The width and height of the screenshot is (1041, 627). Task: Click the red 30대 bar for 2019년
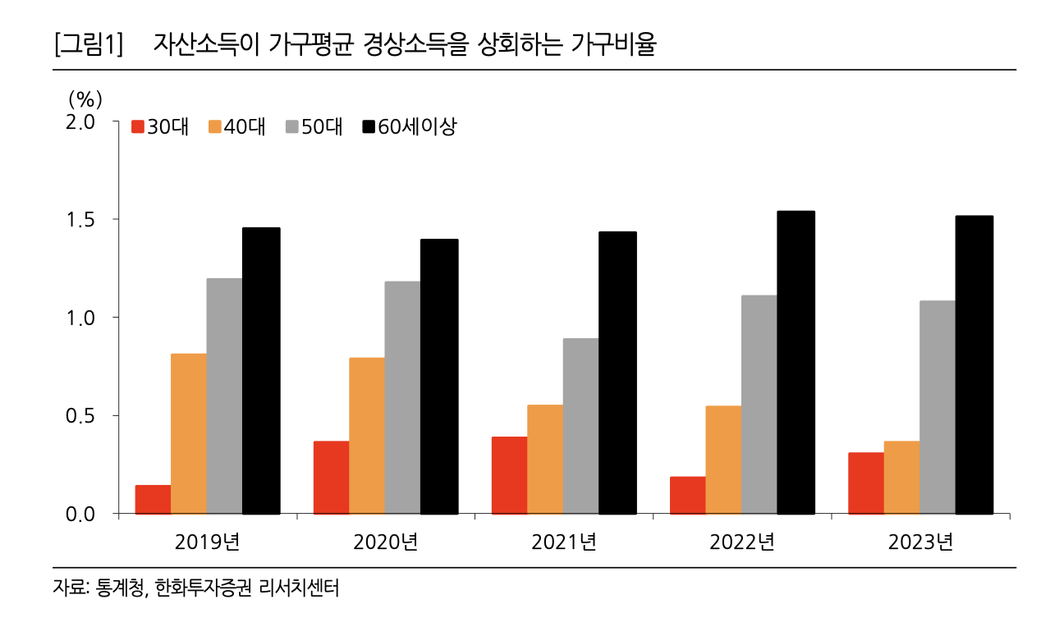(x=153, y=500)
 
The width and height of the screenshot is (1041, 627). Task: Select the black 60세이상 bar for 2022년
(x=796, y=363)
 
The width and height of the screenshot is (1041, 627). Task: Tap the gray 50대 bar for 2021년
(x=581, y=426)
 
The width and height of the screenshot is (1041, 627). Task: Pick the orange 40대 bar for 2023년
(x=901, y=478)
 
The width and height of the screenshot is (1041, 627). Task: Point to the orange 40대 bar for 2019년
(x=189, y=433)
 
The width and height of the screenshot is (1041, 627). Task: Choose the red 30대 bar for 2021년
(x=509, y=475)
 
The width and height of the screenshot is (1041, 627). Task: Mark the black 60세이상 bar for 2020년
(x=439, y=377)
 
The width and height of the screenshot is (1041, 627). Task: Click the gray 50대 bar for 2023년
(x=938, y=407)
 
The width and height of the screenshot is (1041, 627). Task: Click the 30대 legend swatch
(x=138, y=126)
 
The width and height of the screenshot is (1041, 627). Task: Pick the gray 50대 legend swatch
(x=292, y=126)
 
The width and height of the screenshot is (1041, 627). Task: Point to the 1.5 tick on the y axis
(x=85, y=220)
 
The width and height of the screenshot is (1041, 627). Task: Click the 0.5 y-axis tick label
(x=85, y=416)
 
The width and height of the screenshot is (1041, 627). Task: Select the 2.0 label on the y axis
(x=85, y=121)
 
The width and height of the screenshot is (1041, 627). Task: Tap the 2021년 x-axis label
(x=563, y=542)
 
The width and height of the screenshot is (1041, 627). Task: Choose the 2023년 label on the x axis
(x=920, y=542)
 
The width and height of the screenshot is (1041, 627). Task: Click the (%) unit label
(x=85, y=99)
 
